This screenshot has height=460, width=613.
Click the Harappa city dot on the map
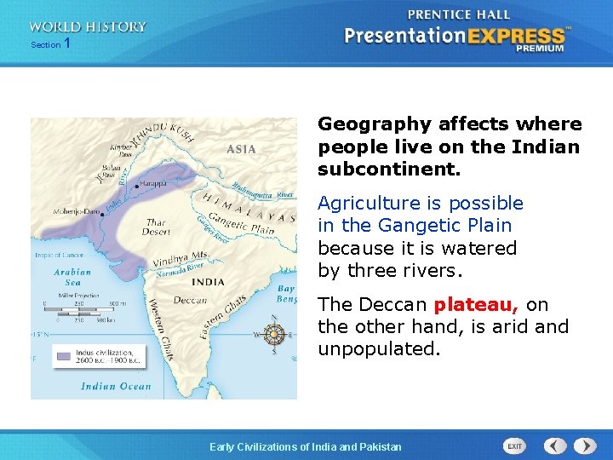(136, 186)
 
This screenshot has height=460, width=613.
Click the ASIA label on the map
(241, 149)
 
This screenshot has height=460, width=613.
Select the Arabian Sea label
(73, 277)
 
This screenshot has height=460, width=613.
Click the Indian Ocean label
(115, 386)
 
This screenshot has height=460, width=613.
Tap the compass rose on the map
(274, 334)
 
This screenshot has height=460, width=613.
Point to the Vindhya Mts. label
(180, 256)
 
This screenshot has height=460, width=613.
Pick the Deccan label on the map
(191, 300)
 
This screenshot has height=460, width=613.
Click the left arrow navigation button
(554, 446)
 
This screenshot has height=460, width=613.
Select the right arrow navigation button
(584, 446)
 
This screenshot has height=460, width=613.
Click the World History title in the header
(88, 26)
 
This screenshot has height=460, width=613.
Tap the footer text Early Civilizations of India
(306, 446)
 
